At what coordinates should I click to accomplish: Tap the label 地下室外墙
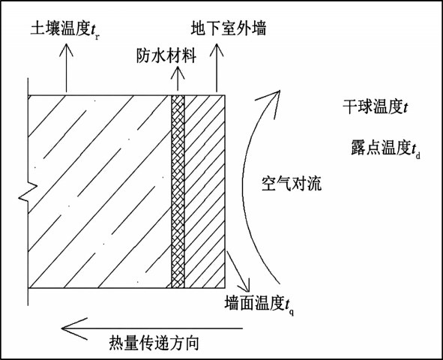click(229, 28)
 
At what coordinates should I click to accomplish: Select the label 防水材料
click(166, 55)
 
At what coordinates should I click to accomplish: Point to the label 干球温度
click(373, 106)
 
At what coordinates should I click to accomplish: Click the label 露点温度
click(381, 147)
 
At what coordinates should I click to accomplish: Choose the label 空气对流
click(292, 184)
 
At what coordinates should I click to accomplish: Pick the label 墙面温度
click(255, 304)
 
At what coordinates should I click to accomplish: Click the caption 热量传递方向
click(154, 343)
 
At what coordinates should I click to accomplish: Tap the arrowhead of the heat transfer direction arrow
click(62, 328)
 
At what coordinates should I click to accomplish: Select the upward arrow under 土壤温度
click(67, 67)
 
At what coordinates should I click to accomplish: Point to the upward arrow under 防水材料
click(178, 79)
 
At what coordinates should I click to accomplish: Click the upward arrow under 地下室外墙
click(217, 67)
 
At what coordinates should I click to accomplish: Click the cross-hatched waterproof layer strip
click(178, 191)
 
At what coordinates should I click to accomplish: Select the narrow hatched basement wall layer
click(205, 191)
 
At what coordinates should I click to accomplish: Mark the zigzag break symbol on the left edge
click(28, 191)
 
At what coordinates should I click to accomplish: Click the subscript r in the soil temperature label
click(97, 37)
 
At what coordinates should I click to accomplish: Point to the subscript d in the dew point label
click(418, 155)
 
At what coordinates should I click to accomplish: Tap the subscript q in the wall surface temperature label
click(292, 312)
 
